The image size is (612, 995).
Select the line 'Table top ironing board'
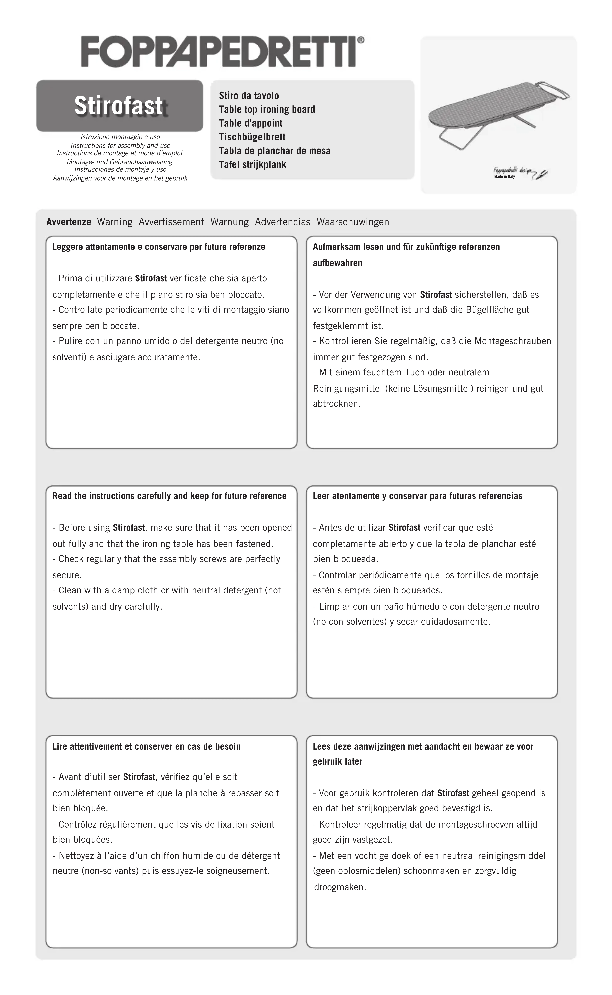point(267,109)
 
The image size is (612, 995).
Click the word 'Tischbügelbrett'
point(252,137)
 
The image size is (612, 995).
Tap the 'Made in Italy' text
point(504,177)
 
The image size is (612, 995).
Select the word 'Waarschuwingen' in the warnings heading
point(353,222)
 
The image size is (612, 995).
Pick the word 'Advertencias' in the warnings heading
point(283,222)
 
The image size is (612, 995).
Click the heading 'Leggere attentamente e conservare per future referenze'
point(159,247)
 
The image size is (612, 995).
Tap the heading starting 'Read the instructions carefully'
point(169,496)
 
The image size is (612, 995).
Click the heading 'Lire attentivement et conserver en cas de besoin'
point(147,746)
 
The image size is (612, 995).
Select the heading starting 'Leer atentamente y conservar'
point(417,496)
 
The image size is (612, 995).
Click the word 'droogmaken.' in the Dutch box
point(340,887)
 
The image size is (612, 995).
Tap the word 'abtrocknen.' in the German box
point(336,404)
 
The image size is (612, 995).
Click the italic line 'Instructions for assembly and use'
point(120,145)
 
